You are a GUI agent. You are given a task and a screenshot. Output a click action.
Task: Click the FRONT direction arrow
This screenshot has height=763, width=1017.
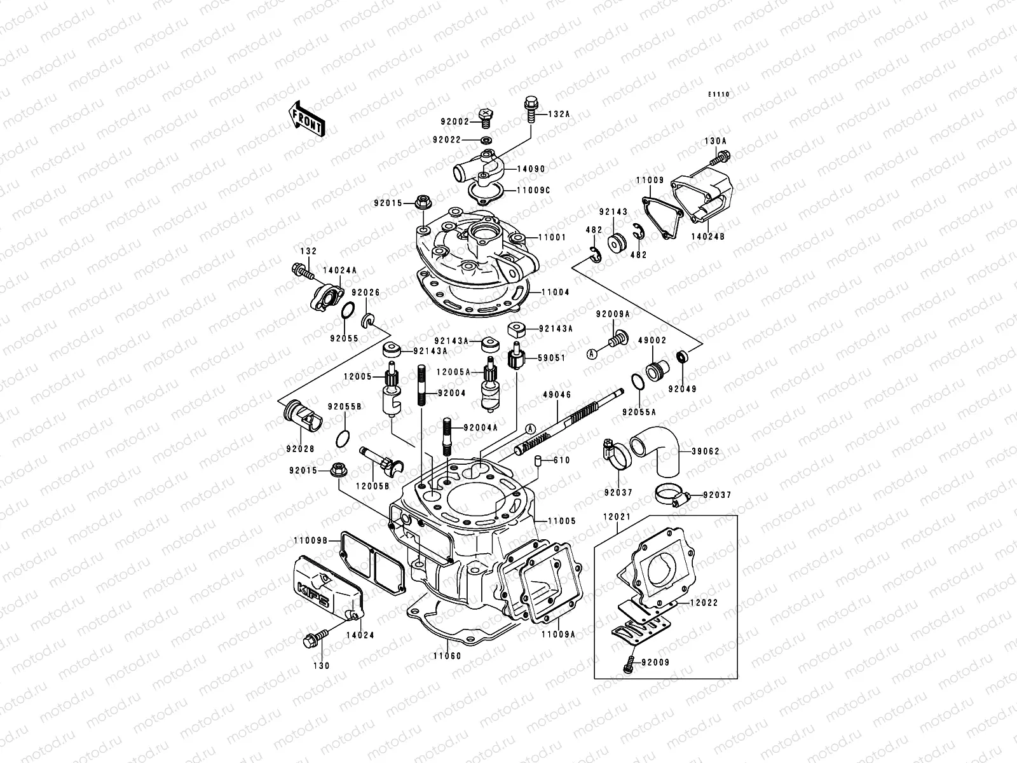coord(307,118)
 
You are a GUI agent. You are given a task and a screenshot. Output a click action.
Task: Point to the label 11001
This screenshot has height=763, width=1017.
coord(552,237)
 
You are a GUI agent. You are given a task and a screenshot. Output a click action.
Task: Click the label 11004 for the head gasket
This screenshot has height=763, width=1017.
coord(555,292)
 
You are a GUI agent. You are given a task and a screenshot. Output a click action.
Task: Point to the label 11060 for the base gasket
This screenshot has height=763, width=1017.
coord(447,656)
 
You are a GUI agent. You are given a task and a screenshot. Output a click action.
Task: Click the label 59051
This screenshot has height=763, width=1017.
coord(552,358)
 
